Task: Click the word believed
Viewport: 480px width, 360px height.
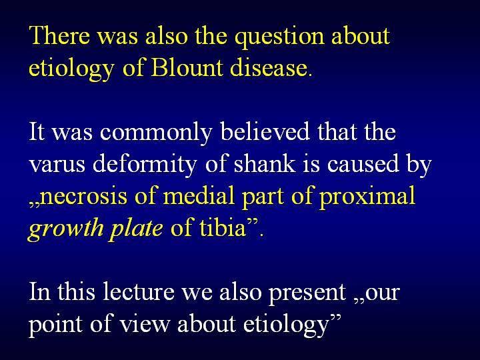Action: [x=265, y=131]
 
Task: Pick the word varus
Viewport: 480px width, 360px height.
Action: [x=57, y=165]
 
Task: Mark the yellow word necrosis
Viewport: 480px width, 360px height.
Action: [x=83, y=197]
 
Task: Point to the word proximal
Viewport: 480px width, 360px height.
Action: [x=367, y=197]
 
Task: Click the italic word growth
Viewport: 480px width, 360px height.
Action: [x=65, y=229]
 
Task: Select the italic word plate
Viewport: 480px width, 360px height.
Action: [x=136, y=229]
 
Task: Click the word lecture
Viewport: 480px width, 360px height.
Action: [x=139, y=291]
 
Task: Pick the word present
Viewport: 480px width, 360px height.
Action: [x=307, y=293]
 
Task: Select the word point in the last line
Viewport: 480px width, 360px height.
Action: [x=56, y=325]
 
